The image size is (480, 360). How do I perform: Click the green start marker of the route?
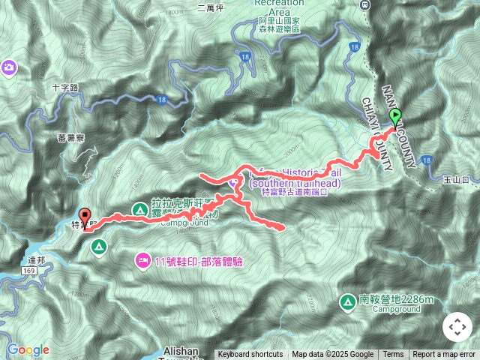pos(396,116)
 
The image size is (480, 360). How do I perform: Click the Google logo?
pos(28,349)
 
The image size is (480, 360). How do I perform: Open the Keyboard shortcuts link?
pos(250,355)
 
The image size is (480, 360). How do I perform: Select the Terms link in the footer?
pos(393,355)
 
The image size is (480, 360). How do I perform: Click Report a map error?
pos(445,355)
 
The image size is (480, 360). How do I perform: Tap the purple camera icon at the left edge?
pos(9,67)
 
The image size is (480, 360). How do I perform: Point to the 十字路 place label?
pos(66,87)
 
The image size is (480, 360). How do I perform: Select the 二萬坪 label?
pos(211,9)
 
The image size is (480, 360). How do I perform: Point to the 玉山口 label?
pos(455,180)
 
